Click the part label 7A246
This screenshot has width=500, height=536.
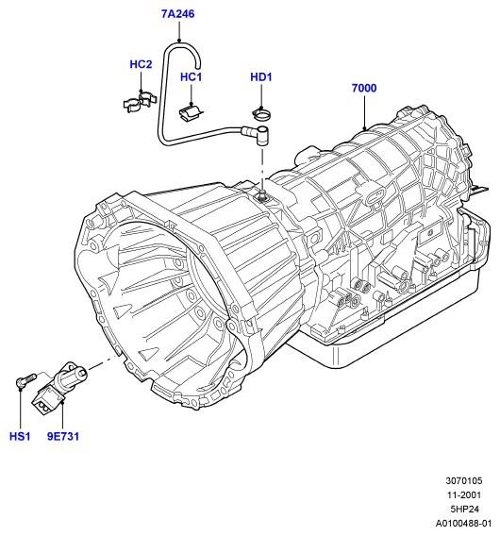[x=177, y=14]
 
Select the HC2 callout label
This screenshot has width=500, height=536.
[x=141, y=64]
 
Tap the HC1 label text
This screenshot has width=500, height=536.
[x=192, y=77]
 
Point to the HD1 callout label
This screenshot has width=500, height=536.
[x=261, y=77]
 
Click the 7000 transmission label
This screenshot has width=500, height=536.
[x=364, y=88]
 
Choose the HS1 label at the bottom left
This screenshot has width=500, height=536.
[x=20, y=436]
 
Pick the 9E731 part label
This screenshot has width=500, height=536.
[x=63, y=436]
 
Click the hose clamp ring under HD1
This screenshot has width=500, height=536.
[x=261, y=113]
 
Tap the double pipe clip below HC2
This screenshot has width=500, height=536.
[x=140, y=102]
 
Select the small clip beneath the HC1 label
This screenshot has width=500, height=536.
[x=191, y=112]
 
